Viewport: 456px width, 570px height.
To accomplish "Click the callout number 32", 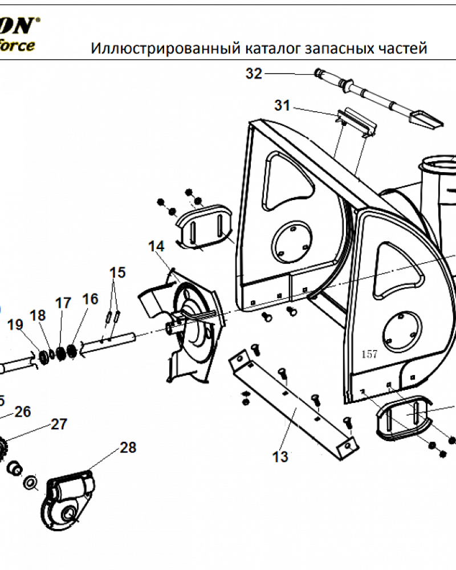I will tap(254, 74).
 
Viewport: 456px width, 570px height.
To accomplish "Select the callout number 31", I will tap(282, 105).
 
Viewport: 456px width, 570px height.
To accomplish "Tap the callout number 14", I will tap(156, 246).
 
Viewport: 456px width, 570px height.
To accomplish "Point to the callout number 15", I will tap(117, 272).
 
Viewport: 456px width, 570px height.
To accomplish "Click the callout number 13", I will tap(280, 457).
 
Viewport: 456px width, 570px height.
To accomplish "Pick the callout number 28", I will tap(128, 447).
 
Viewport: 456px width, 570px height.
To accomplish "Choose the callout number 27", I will tap(59, 424).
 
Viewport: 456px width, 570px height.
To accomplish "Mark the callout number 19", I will tap(15, 325).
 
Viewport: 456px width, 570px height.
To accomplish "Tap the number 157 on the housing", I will tap(369, 354).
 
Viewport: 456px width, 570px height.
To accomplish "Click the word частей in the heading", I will tap(402, 48).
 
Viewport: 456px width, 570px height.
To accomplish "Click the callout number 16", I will tap(90, 299).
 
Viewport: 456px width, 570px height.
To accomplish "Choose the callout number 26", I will tap(23, 412).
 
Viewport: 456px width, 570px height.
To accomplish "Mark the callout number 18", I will tap(37, 315).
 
